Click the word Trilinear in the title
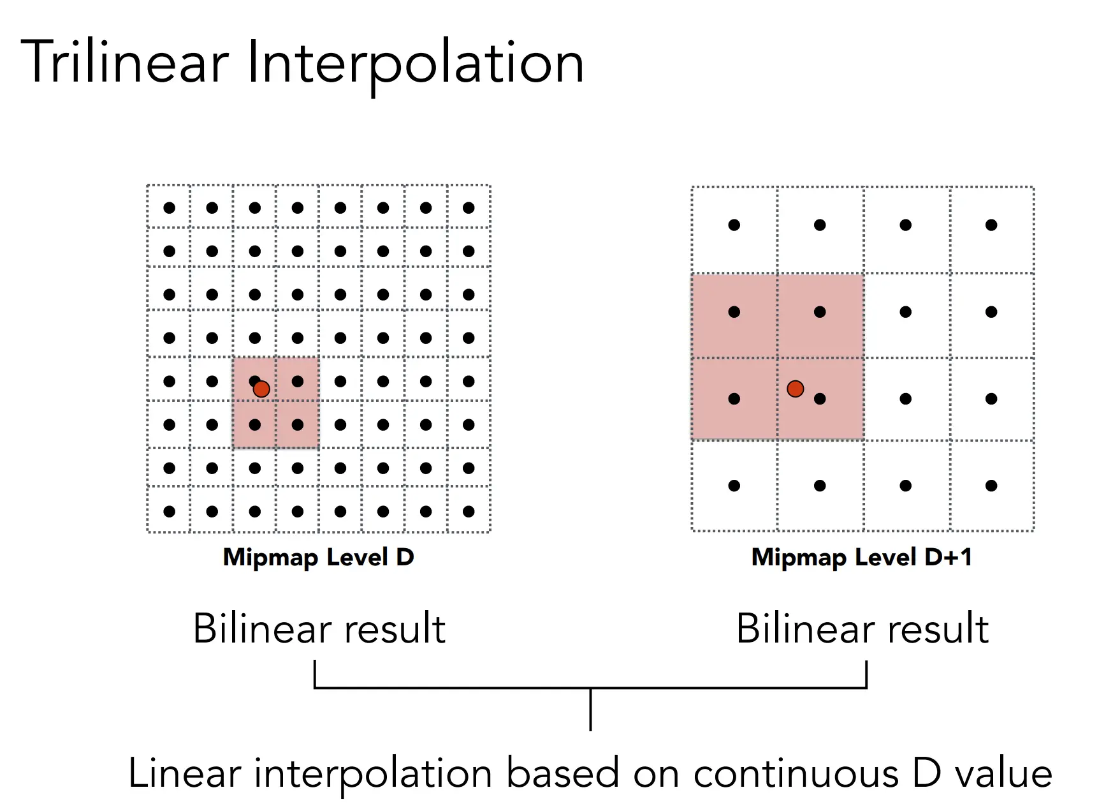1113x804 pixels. pos(125,63)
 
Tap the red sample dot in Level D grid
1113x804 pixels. pos(261,389)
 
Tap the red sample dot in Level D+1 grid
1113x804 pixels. pos(795,389)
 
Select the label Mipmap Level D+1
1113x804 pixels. pos(862,557)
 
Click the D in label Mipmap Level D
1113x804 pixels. pos(405,557)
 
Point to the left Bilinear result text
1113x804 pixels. pos(319,629)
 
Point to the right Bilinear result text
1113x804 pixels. pos(862,629)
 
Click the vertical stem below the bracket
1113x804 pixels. pos(591,710)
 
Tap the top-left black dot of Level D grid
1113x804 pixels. pos(169,207)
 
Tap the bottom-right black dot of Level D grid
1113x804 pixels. pos(469,511)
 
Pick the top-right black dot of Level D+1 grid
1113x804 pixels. pos(991,225)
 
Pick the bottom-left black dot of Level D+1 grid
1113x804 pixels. pos(734,486)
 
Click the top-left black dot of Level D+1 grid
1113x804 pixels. pos(734,225)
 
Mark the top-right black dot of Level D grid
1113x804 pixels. pos(469,207)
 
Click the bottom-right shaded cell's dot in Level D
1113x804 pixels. pos(298,424)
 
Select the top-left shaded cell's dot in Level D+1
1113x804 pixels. pos(734,312)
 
